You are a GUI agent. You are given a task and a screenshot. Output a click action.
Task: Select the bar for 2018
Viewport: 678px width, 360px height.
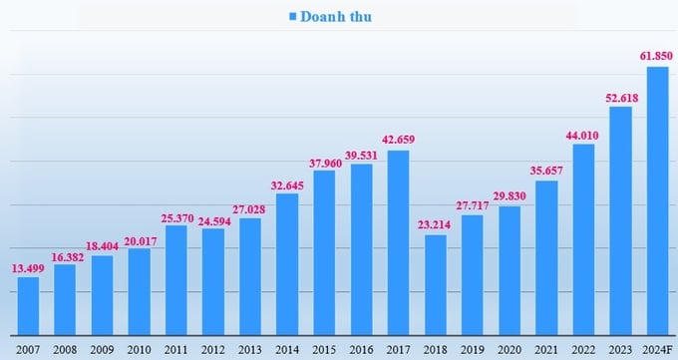coord(435,284)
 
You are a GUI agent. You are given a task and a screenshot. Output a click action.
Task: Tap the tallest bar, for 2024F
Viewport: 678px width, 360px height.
coord(657,200)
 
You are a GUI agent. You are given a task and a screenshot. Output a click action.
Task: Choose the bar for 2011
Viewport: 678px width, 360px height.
coord(175,280)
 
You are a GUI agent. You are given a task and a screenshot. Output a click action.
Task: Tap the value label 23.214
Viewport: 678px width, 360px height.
coord(435,223)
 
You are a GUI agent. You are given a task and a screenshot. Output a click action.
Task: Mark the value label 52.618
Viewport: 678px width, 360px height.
coord(620,96)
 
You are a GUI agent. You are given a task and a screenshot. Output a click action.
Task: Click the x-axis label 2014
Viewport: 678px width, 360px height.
coord(287,348)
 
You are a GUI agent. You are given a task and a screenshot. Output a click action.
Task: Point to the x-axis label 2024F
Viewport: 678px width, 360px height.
coord(657,348)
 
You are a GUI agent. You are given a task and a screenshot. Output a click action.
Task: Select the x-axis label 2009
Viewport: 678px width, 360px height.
coord(102,348)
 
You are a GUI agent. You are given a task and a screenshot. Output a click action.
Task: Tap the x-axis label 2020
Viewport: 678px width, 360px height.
coord(509,348)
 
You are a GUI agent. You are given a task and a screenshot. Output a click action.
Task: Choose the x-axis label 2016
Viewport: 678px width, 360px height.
coord(361,348)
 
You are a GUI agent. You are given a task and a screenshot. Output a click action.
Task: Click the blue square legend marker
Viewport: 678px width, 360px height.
coord(294,17)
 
